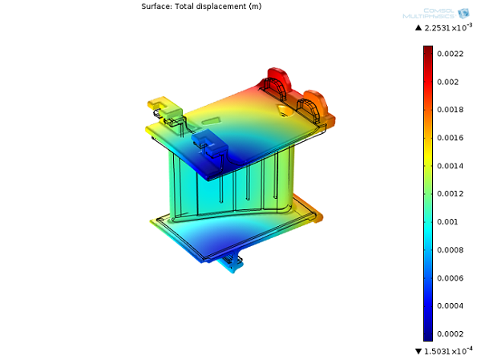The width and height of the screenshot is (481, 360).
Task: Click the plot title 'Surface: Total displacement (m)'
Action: pos(201,6)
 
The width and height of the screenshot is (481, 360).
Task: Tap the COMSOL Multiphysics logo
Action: pos(436,14)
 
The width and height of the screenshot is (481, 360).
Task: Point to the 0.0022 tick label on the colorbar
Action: pos(450,54)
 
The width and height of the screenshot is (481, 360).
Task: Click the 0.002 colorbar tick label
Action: pos(447,82)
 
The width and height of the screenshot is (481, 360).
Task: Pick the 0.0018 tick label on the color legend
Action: pos(450,110)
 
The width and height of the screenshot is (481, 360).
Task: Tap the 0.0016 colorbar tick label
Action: pos(450,138)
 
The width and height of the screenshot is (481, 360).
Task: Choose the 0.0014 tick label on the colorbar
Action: pos(450,166)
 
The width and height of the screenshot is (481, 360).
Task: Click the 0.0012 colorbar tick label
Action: pos(450,194)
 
